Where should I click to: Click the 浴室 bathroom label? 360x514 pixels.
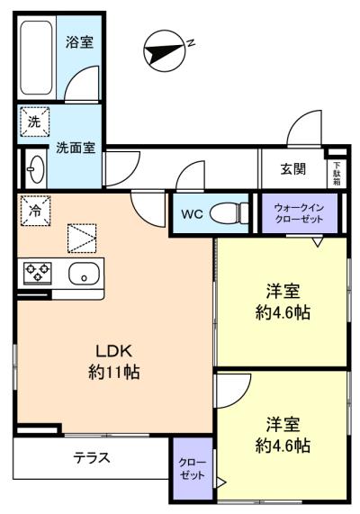(x=79, y=42)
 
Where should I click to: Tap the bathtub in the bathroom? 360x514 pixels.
(x=36, y=58)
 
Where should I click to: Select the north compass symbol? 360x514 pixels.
(x=166, y=50)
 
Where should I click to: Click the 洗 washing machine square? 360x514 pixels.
(x=34, y=122)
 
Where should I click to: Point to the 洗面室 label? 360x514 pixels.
(x=76, y=148)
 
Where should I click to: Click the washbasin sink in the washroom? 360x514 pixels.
(x=36, y=169)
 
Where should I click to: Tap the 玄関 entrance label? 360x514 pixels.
(x=293, y=169)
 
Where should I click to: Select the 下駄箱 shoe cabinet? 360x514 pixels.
(x=337, y=174)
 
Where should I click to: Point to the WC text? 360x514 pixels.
(x=193, y=214)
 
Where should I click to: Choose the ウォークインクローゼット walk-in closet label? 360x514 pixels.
(x=299, y=213)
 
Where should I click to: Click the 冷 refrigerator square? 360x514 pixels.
(x=35, y=211)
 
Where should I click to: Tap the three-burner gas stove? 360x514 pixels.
(x=38, y=272)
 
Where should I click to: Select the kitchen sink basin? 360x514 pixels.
(x=84, y=274)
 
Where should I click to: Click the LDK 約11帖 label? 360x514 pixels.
(x=113, y=362)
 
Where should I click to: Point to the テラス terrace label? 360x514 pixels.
(x=92, y=457)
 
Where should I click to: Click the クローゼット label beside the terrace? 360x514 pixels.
(x=193, y=469)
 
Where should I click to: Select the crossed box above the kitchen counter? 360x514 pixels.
(x=82, y=239)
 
